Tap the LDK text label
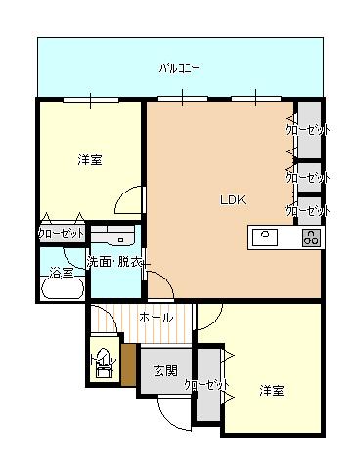pos(232,200)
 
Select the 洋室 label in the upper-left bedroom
pos(89,160)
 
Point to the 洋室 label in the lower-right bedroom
pos(272,390)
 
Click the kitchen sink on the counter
pos(266,236)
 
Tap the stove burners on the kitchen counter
pos(311,236)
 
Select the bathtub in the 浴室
pos(61,286)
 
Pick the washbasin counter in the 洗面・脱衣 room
pos(114,237)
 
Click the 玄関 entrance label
pos(164,370)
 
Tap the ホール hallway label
pos(156,318)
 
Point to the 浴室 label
pos(61,273)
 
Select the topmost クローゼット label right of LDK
pos(306,129)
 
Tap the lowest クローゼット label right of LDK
pos(306,210)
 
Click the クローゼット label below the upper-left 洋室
pos(61,234)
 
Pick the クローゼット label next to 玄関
pos(206,384)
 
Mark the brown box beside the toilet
pos(127,364)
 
